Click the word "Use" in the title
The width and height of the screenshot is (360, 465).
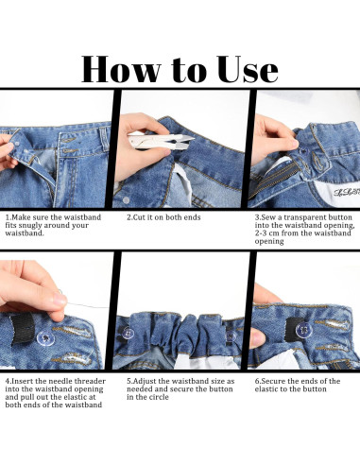point(248,69)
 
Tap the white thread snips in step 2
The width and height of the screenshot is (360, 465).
point(161,141)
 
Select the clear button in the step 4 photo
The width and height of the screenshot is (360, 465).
point(45,338)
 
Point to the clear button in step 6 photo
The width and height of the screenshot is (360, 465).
point(304,330)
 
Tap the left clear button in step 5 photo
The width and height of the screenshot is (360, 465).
point(129,333)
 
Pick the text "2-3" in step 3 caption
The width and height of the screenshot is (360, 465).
point(261,233)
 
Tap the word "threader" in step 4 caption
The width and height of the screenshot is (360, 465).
point(91,381)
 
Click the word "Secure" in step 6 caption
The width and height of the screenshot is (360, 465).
point(273,381)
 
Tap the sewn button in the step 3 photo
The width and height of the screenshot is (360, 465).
point(303,151)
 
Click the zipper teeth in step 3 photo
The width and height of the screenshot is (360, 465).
point(273,181)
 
